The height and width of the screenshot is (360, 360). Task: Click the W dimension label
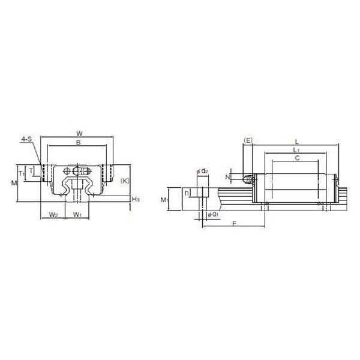click(79, 133)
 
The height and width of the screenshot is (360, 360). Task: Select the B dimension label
click(78, 142)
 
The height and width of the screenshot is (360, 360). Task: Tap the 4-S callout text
click(26, 139)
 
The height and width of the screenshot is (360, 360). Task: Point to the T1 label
click(22, 173)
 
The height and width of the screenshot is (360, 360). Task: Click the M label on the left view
click(14, 183)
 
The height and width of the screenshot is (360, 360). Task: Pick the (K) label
click(125, 181)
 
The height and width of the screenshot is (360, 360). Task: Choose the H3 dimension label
click(136, 199)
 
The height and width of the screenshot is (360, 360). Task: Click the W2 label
click(53, 215)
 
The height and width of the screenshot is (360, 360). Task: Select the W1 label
click(77, 215)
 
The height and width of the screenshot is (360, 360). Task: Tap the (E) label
click(248, 140)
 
